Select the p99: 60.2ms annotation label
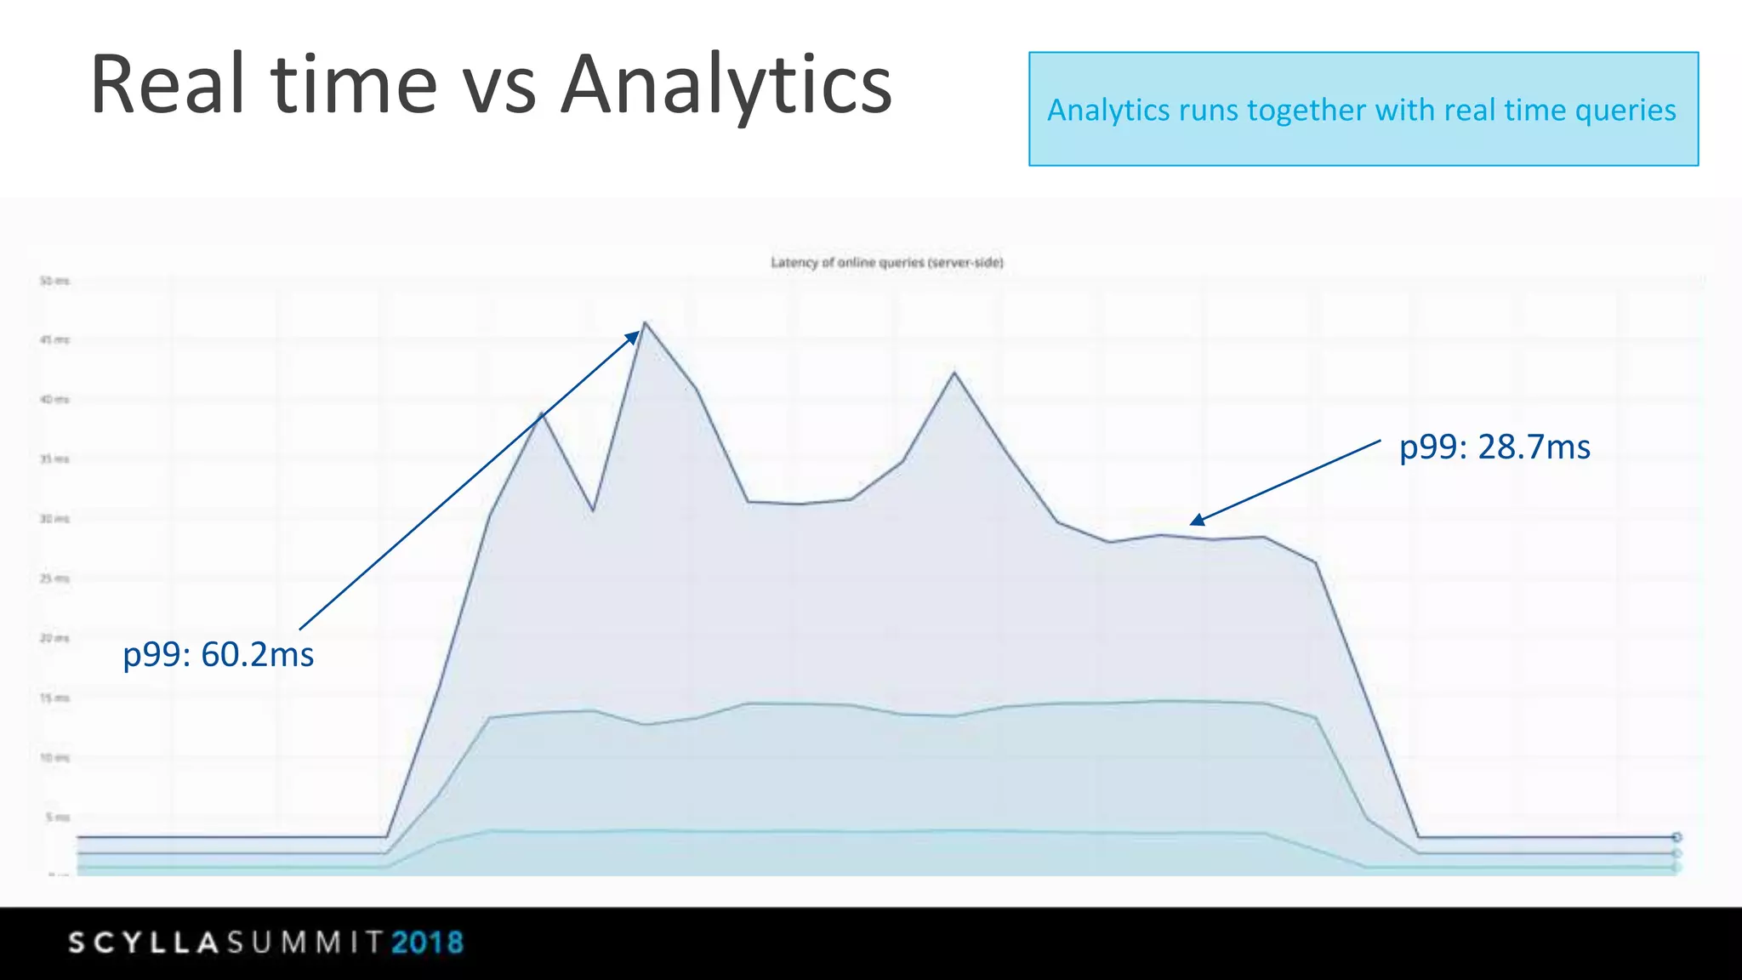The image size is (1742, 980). [219, 655]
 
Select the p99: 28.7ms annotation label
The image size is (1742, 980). [1494, 447]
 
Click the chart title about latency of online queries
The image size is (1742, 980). [887, 263]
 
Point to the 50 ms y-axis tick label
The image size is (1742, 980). [54, 281]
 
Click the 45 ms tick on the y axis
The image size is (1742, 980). [54, 340]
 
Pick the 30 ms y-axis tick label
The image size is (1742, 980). [54, 519]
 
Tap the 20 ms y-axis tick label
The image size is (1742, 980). [54, 638]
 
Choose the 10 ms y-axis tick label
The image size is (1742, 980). [54, 758]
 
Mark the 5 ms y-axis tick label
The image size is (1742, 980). [57, 818]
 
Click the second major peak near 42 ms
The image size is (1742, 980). [954, 373]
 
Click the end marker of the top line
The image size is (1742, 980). [1677, 837]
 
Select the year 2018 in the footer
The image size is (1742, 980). [427, 943]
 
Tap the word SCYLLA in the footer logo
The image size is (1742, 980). [144, 943]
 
